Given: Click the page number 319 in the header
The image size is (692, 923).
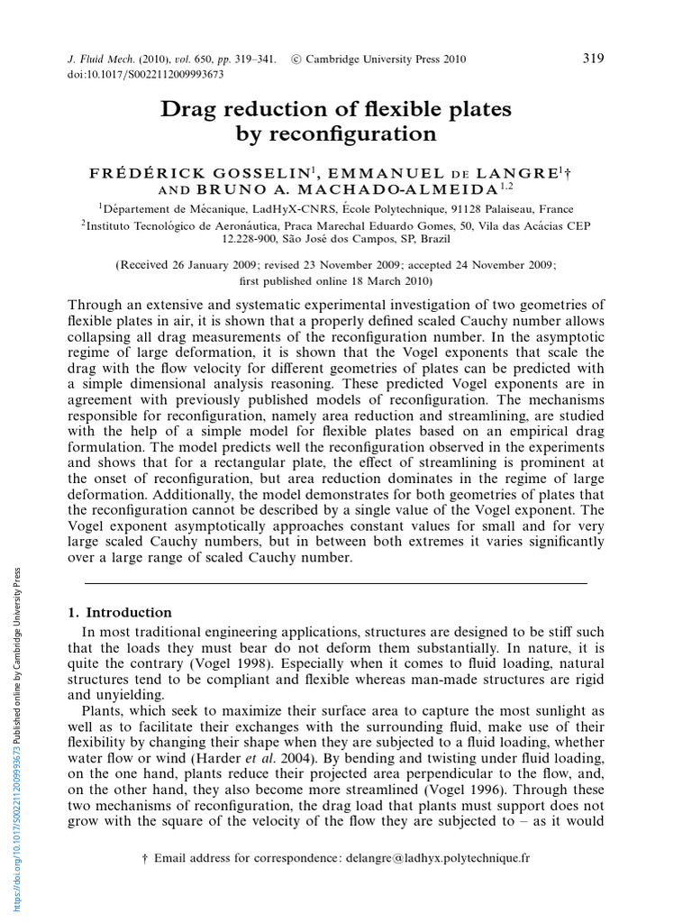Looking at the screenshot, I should point(593,59).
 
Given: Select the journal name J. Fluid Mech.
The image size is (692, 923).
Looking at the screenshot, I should point(102,60).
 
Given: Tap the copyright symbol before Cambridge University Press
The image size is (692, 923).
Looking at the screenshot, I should point(296,60).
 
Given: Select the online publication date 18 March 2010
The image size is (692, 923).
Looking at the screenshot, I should point(375,280).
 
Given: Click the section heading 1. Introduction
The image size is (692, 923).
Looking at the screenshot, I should point(120,612).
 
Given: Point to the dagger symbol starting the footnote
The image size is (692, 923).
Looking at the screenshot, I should point(145,858).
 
